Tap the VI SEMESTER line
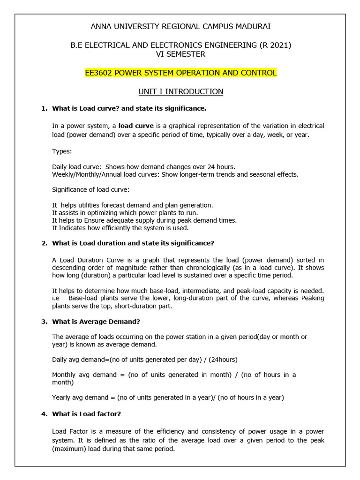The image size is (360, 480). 180,54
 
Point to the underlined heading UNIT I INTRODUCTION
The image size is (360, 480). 180,92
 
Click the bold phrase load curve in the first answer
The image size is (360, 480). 136,126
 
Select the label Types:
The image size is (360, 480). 62,151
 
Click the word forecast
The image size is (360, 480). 124,205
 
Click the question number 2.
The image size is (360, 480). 44,243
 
